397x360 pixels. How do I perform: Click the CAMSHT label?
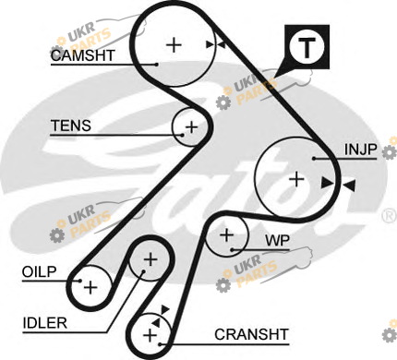pyautogui.click(x=82, y=55)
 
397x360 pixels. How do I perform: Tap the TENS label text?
pyautogui.click(x=71, y=126)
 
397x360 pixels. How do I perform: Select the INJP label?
pyautogui.click(x=360, y=150)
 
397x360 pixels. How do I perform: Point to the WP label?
pyautogui.click(x=277, y=241)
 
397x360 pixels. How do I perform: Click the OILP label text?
pyautogui.click(x=40, y=272)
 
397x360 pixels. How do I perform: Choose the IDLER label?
pyautogui.click(x=45, y=323)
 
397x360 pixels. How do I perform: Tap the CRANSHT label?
pyautogui.click(x=251, y=334)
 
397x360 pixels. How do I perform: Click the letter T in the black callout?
pyautogui.click(x=307, y=48)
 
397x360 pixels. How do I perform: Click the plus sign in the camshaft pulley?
pyautogui.click(x=174, y=45)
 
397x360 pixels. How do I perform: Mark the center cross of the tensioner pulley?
pyautogui.click(x=192, y=126)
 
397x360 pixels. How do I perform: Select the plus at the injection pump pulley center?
pyautogui.click(x=297, y=179)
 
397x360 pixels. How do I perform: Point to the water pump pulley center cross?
pyautogui.click(x=227, y=235)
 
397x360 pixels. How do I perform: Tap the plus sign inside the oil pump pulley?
pyautogui.click(x=90, y=287)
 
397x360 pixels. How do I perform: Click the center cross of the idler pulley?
pyautogui.click(x=150, y=260)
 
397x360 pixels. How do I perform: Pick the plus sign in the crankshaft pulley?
pyautogui.click(x=150, y=335)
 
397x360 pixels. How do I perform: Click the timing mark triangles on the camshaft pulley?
pyautogui.click(x=215, y=44)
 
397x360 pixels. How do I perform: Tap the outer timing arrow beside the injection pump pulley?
pyautogui.click(x=349, y=186)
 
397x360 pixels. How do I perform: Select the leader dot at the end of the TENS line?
pyautogui.click(x=183, y=135)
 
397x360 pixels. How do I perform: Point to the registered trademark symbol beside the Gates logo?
pyautogui.click(x=389, y=216)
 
